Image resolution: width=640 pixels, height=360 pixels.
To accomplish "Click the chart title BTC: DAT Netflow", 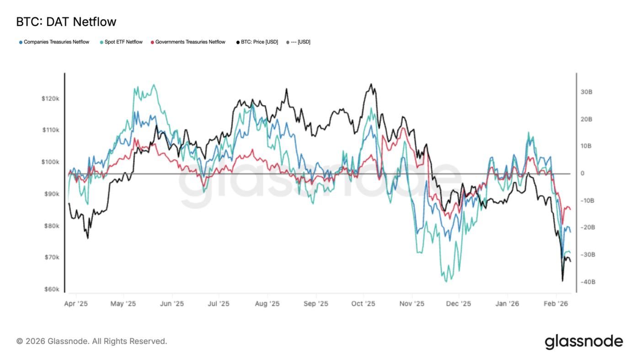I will (x=66, y=21).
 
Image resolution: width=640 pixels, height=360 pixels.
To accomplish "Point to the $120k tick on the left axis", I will (x=51, y=99).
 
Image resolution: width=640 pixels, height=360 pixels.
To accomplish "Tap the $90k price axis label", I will (x=52, y=194).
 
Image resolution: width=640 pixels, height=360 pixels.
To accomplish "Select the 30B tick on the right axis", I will (x=587, y=92).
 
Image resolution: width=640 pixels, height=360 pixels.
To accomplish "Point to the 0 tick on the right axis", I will (x=583, y=173).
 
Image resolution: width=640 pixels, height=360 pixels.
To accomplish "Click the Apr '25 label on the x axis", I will (x=76, y=304).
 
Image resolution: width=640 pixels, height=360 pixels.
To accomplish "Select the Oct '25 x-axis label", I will (x=363, y=304).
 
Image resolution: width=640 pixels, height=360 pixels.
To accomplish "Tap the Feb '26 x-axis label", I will (x=556, y=304).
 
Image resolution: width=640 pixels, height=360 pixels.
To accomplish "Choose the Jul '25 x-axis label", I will (x=219, y=304).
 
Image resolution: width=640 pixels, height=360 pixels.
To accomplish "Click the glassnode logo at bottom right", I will (x=584, y=341).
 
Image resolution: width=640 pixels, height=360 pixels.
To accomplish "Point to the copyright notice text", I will (x=92, y=341).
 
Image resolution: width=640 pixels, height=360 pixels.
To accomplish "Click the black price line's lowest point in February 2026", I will (x=562, y=281).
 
